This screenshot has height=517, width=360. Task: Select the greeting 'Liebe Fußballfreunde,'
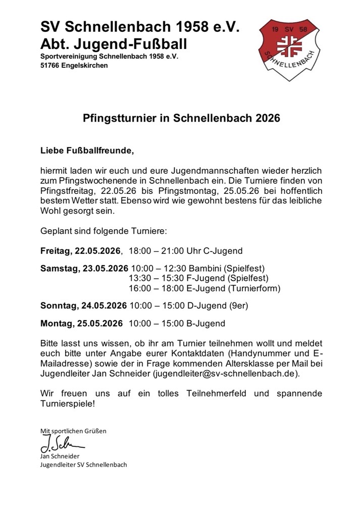coord(88,150)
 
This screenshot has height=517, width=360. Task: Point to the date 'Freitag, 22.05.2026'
coord(81,251)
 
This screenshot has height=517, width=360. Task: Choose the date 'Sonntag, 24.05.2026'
coord(83,305)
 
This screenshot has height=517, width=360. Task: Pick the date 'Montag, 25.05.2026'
coord(81,323)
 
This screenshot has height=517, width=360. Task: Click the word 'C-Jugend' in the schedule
coord(227,251)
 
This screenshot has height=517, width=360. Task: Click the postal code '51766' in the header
coord(50,66)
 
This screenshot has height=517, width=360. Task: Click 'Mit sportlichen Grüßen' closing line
coord(73,431)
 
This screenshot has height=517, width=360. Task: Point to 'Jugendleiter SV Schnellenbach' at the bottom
coord(83,464)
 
